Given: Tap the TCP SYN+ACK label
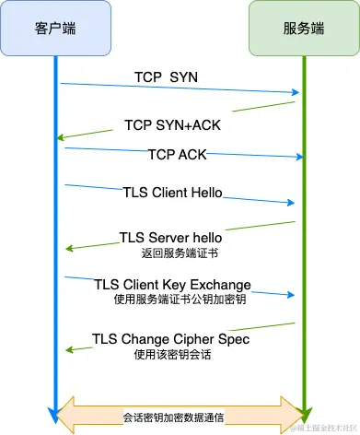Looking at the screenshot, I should click(x=171, y=124).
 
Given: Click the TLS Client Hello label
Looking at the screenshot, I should click(x=173, y=193).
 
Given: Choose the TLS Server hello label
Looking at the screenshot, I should click(x=171, y=238).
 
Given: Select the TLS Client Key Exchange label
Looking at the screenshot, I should click(x=173, y=284).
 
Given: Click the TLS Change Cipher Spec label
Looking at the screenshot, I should click(x=171, y=338).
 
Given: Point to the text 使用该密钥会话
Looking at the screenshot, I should click(x=171, y=354).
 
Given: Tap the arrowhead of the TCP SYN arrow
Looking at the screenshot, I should click(x=296, y=92).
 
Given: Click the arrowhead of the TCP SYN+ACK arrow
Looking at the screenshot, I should click(x=59, y=138).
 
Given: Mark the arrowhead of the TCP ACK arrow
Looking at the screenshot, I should click(x=299, y=158).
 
